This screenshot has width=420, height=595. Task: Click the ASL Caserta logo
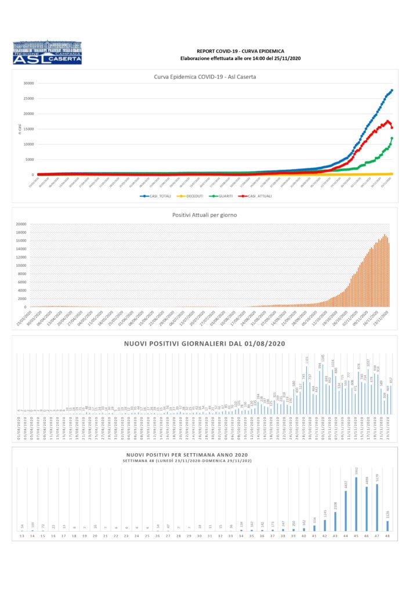click(x=47, y=52)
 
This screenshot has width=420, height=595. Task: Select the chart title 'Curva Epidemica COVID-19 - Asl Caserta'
click(x=205, y=76)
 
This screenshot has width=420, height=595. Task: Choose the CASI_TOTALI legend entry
click(x=159, y=196)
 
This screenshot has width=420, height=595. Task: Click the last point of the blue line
click(x=392, y=90)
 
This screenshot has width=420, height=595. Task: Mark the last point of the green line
click(x=392, y=138)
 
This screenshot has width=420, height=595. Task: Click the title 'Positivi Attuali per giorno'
click(x=205, y=215)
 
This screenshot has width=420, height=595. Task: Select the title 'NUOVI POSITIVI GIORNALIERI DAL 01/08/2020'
click(x=204, y=344)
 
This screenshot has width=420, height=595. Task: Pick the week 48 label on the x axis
click(x=387, y=536)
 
